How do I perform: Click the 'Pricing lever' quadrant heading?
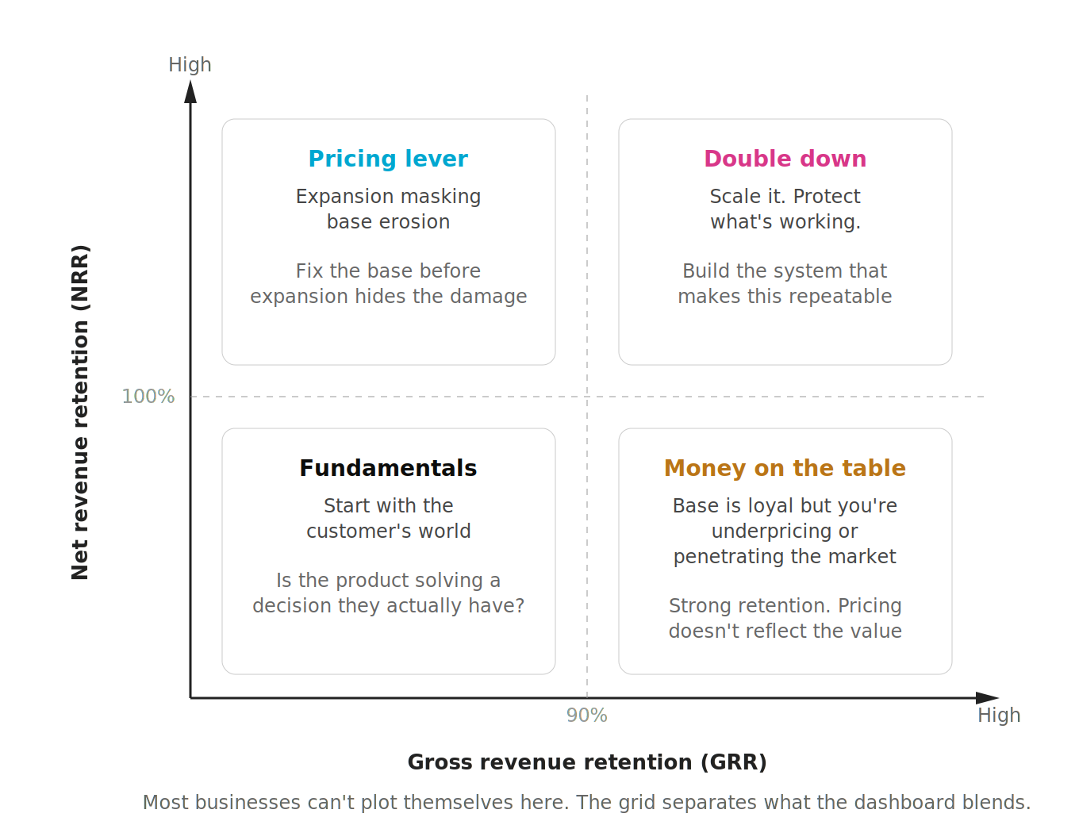coord(388,159)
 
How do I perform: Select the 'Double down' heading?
coord(785,159)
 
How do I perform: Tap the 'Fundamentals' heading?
coord(388,468)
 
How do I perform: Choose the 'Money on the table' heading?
coord(785,468)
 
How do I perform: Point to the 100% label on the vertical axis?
coord(148,397)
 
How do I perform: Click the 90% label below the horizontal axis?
coord(586,716)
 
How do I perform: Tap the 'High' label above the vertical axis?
coord(190,65)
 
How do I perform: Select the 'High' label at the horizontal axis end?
coord(999,716)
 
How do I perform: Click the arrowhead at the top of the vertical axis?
coord(190,92)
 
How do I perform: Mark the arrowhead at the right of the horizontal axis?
coord(987,698)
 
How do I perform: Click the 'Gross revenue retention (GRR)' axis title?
coord(587,762)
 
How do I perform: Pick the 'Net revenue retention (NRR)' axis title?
coord(80,412)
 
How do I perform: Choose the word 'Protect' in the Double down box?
coord(827,197)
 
